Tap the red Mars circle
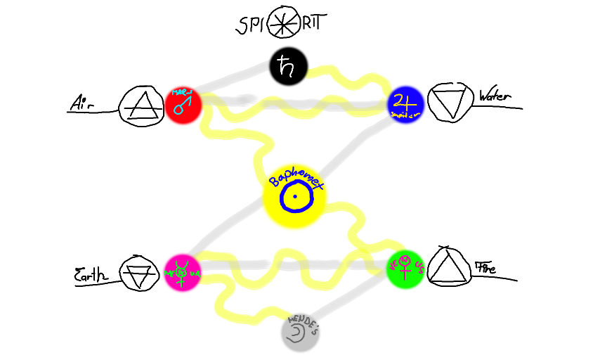tap(183, 105)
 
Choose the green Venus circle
tap(405, 269)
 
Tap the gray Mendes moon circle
tap(301, 332)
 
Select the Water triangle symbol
tap(450, 103)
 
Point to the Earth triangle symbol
tap(135, 274)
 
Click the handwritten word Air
tap(82, 104)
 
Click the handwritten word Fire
tap(485, 268)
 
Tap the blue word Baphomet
tap(295, 178)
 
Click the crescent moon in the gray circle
tap(297, 331)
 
